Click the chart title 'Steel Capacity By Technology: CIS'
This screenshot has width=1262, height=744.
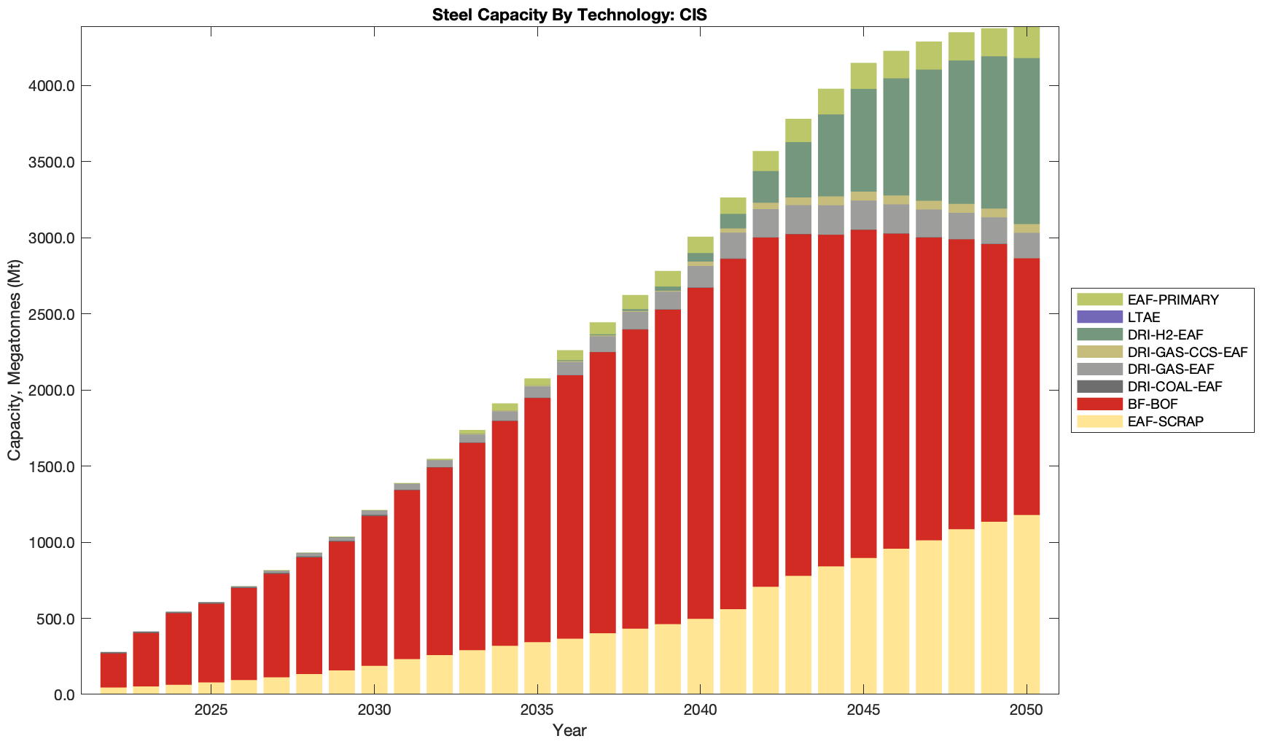(x=569, y=15)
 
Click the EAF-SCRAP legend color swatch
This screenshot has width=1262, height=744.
(x=1099, y=421)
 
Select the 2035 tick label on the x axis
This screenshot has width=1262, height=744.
(x=537, y=710)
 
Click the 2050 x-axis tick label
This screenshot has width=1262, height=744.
(x=1027, y=710)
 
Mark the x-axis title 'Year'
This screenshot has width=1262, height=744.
(x=569, y=730)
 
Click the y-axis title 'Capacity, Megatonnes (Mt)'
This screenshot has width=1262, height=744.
(x=15, y=361)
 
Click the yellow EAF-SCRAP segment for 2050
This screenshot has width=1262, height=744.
(x=1027, y=605)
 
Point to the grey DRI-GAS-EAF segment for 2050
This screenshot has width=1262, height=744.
(x=1027, y=246)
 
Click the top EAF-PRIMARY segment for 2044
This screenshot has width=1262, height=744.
(x=830, y=101)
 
